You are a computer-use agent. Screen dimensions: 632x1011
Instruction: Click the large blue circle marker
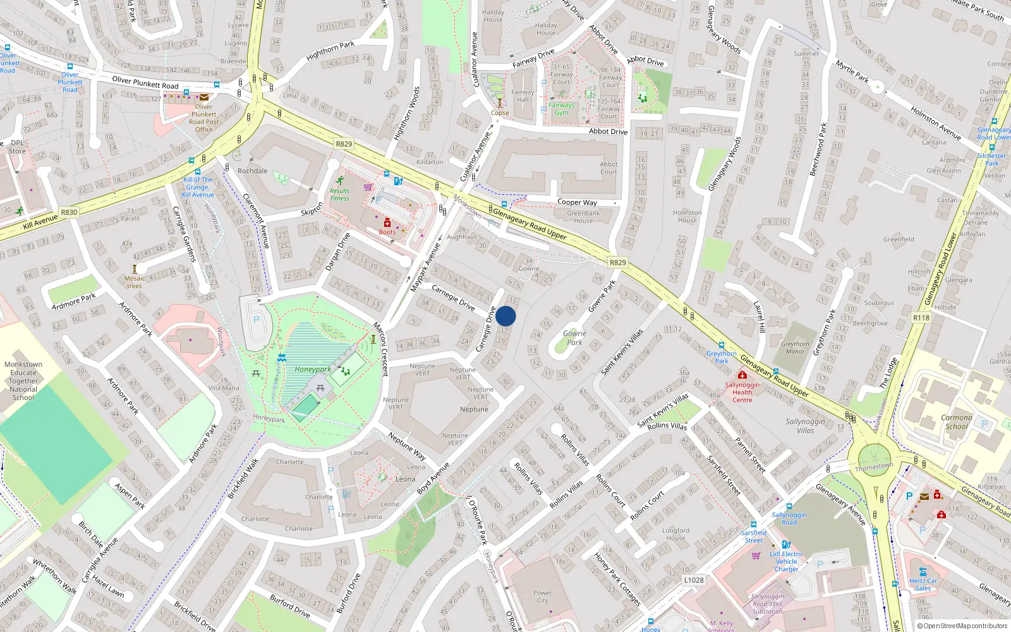(505, 316)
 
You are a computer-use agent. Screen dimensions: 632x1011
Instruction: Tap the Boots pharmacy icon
(387, 222)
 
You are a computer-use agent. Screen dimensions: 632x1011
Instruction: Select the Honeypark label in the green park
(312, 369)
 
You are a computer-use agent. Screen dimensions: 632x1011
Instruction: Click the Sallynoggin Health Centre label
(742, 392)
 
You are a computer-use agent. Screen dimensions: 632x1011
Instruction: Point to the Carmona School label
(956, 422)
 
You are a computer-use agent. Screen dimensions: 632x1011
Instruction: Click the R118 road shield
(921, 317)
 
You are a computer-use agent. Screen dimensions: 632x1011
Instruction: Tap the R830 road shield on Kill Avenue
(69, 212)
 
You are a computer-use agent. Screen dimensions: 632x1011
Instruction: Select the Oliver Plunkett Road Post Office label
(203, 118)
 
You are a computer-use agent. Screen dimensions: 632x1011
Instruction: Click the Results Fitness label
(339, 194)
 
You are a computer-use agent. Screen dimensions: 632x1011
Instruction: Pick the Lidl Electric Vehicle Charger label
(787, 561)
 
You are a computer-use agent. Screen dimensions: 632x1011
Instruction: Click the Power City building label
(542, 597)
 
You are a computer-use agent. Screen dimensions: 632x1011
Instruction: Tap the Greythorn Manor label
(795, 348)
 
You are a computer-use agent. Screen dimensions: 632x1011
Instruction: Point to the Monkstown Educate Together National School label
(23, 380)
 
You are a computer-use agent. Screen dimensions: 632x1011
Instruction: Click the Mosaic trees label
(134, 282)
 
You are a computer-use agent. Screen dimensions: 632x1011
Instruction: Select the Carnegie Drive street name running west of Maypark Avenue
(453, 297)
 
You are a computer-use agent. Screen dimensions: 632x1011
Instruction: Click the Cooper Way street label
(577, 202)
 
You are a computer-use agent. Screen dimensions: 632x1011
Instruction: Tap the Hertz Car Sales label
(923, 585)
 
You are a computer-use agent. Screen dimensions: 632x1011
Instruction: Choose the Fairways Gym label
(562, 109)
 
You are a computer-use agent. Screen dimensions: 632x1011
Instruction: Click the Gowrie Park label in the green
(574, 337)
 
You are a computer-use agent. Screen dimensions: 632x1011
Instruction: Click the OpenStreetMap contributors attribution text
(962, 626)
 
